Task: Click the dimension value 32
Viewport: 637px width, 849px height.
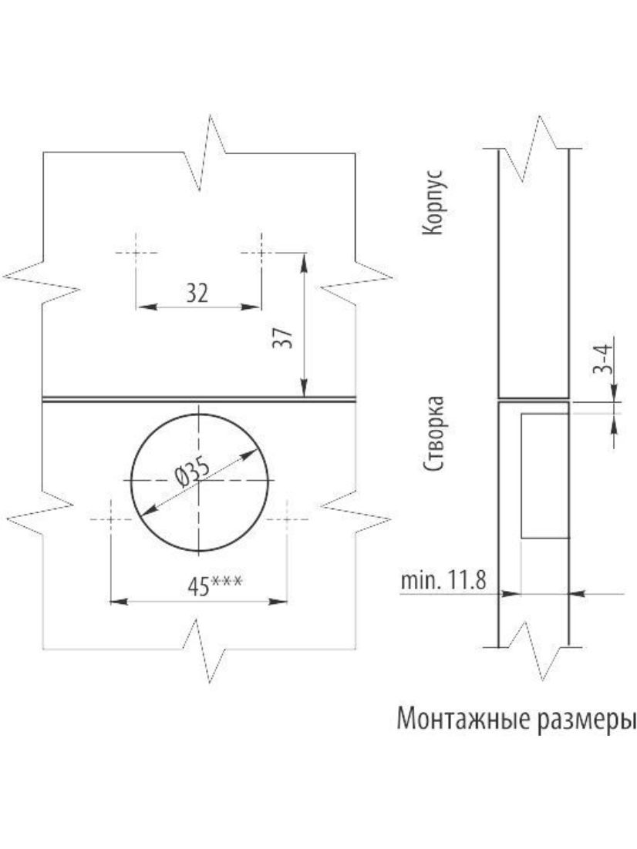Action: (x=197, y=294)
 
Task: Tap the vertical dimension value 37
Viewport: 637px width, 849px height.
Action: (x=283, y=338)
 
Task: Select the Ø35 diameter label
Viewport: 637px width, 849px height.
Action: (x=192, y=471)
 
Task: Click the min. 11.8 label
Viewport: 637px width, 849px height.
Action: (x=443, y=580)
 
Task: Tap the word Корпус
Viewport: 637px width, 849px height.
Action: (x=433, y=203)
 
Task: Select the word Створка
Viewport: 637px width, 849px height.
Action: (x=433, y=434)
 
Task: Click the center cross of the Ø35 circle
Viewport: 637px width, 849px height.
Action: (x=200, y=481)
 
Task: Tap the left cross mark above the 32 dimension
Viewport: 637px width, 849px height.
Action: (x=136, y=253)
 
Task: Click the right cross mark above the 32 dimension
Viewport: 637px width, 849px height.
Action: (x=261, y=253)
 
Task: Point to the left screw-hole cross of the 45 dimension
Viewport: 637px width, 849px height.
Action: (x=110, y=519)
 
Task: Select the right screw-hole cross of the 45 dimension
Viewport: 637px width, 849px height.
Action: (x=287, y=519)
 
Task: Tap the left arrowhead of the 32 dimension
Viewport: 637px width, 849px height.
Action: (x=145, y=307)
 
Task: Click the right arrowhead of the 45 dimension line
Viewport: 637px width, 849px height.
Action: (x=278, y=602)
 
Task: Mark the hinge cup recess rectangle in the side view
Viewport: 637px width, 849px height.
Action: (x=544, y=476)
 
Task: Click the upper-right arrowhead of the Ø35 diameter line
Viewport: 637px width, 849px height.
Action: (x=248, y=455)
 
